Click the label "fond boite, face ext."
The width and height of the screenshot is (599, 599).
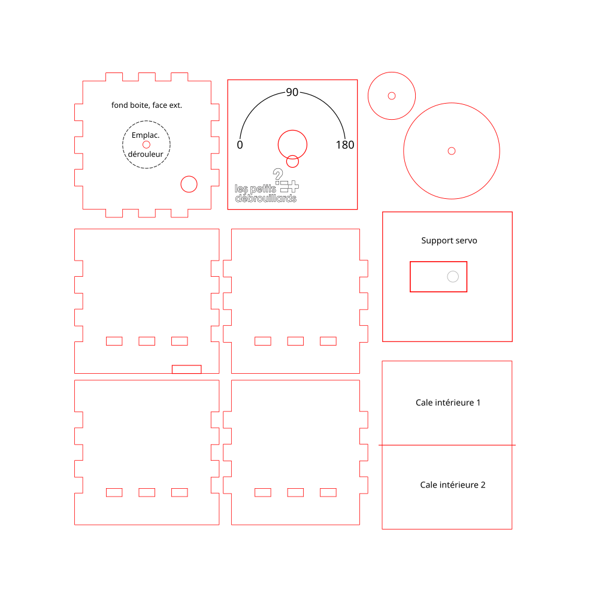[x=147, y=105]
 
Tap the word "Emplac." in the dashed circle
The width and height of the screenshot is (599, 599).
[x=146, y=135]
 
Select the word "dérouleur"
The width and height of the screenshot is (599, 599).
[x=146, y=154]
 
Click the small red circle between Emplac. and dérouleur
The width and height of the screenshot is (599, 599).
[x=146, y=144]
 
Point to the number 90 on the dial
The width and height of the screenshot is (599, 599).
[x=292, y=92]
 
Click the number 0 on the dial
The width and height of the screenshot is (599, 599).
[x=240, y=145]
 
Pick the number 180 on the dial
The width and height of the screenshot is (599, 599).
[x=345, y=145]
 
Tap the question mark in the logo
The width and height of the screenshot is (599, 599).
[x=278, y=174]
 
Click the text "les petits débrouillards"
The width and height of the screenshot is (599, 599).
[x=265, y=193]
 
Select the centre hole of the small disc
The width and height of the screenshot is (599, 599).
[x=392, y=96]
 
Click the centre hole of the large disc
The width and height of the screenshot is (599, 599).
[x=452, y=151]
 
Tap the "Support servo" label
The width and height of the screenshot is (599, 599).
[x=449, y=241]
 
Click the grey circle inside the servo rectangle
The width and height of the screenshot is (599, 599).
[x=453, y=277]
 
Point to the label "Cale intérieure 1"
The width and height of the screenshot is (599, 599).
[x=447, y=403]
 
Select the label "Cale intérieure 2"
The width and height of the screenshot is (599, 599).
[x=453, y=485]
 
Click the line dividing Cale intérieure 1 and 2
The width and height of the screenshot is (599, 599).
[x=447, y=445]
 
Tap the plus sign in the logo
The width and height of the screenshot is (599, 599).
[x=293, y=186]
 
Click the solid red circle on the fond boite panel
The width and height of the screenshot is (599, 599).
[x=189, y=184]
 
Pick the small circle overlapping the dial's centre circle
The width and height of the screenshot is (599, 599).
[x=292, y=161]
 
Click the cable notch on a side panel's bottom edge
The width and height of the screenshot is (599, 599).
[x=186, y=370]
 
